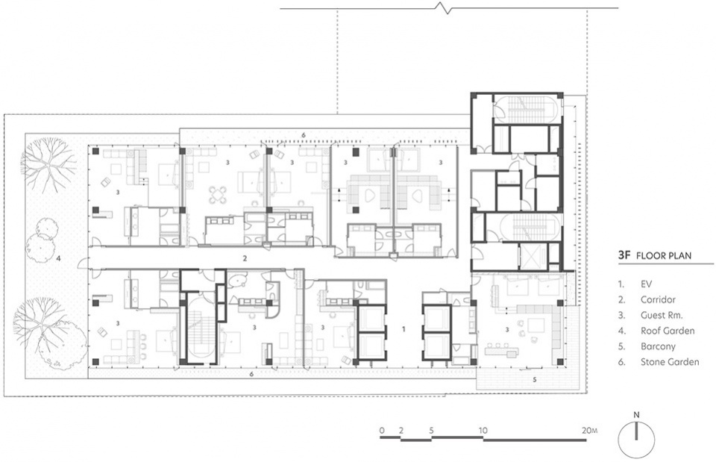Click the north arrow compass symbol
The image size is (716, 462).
tap(636, 440)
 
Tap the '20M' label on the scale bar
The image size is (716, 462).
tap(589, 430)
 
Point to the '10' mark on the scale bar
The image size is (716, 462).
tap(483, 430)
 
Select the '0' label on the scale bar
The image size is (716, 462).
tap(382, 430)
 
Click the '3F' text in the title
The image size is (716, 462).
tap(624, 255)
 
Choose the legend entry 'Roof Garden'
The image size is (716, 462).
tap(668, 331)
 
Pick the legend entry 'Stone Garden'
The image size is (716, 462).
tap(670, 362)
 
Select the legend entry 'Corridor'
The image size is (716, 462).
tap(658, 300)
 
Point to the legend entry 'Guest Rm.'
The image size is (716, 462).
tap(662, 315)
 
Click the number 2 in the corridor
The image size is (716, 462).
tap(245, 259)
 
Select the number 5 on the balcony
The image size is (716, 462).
tap(535, 379)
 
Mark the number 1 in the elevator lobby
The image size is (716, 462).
tap(403, 328)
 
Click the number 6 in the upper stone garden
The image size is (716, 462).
tap(304, 135)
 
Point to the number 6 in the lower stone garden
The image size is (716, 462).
tap(251, 374)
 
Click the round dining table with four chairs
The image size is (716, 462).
tap(218, 195)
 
